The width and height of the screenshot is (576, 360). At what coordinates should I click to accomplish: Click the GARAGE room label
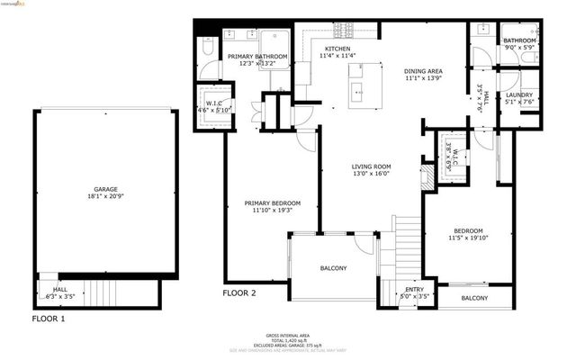tap(106, 188)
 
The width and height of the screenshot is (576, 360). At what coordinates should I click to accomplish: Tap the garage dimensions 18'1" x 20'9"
tap(106, 196)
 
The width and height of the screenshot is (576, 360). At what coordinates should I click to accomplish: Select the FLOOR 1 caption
tap(48, 319)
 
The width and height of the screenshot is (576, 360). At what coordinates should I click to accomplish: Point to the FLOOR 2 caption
tap(240, 293)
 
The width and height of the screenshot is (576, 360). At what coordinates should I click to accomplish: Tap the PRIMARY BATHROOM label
tap(257, 57)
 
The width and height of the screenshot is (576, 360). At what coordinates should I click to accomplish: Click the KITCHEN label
tap(337, 49)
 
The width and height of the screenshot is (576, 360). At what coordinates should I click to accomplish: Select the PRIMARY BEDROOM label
tap(272, 203)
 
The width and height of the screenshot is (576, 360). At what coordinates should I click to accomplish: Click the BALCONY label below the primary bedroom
tap(333, 268)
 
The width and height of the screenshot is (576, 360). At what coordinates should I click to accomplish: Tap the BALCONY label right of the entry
tap(474, 298)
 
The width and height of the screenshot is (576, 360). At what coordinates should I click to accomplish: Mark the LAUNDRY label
tap(519, 94)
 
